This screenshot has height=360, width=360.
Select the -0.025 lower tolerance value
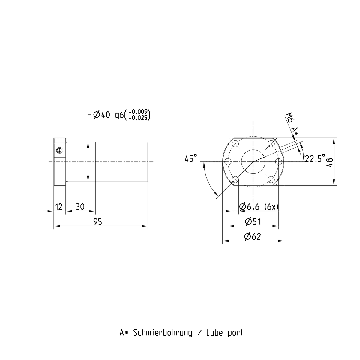pyautogui.click(x=139, y=118)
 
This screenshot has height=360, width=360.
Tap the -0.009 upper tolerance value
pyautogui.click(x=139, y=112)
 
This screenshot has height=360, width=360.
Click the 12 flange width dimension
pyautogui.click(x=59, y=207)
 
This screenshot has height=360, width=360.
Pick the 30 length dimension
pyautogui.click(x=80, y=207)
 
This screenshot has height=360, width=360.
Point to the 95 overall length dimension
pyautogui.click(x=98, y=222)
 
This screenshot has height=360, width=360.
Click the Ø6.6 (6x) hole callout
pyautogui.click(x=259, y=207)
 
